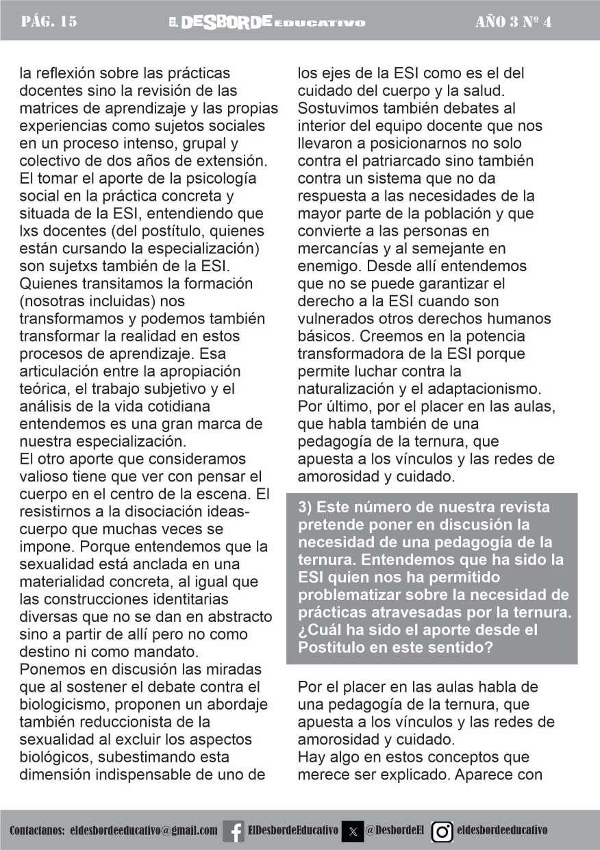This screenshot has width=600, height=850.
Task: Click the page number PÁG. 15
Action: coord(49,22)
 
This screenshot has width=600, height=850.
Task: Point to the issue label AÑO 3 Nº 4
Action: coord(513,22)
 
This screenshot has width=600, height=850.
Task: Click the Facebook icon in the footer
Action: coord(234,831)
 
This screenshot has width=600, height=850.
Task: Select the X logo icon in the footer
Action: coord(352,831)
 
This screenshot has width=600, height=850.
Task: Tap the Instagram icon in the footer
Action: coord(442,831)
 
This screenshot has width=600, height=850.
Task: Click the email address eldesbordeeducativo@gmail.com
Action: coord(145,831)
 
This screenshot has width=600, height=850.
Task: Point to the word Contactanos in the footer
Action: coord(36,831)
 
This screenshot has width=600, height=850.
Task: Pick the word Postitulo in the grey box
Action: coord(332,647)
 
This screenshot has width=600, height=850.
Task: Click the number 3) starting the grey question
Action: coord(306,508)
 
